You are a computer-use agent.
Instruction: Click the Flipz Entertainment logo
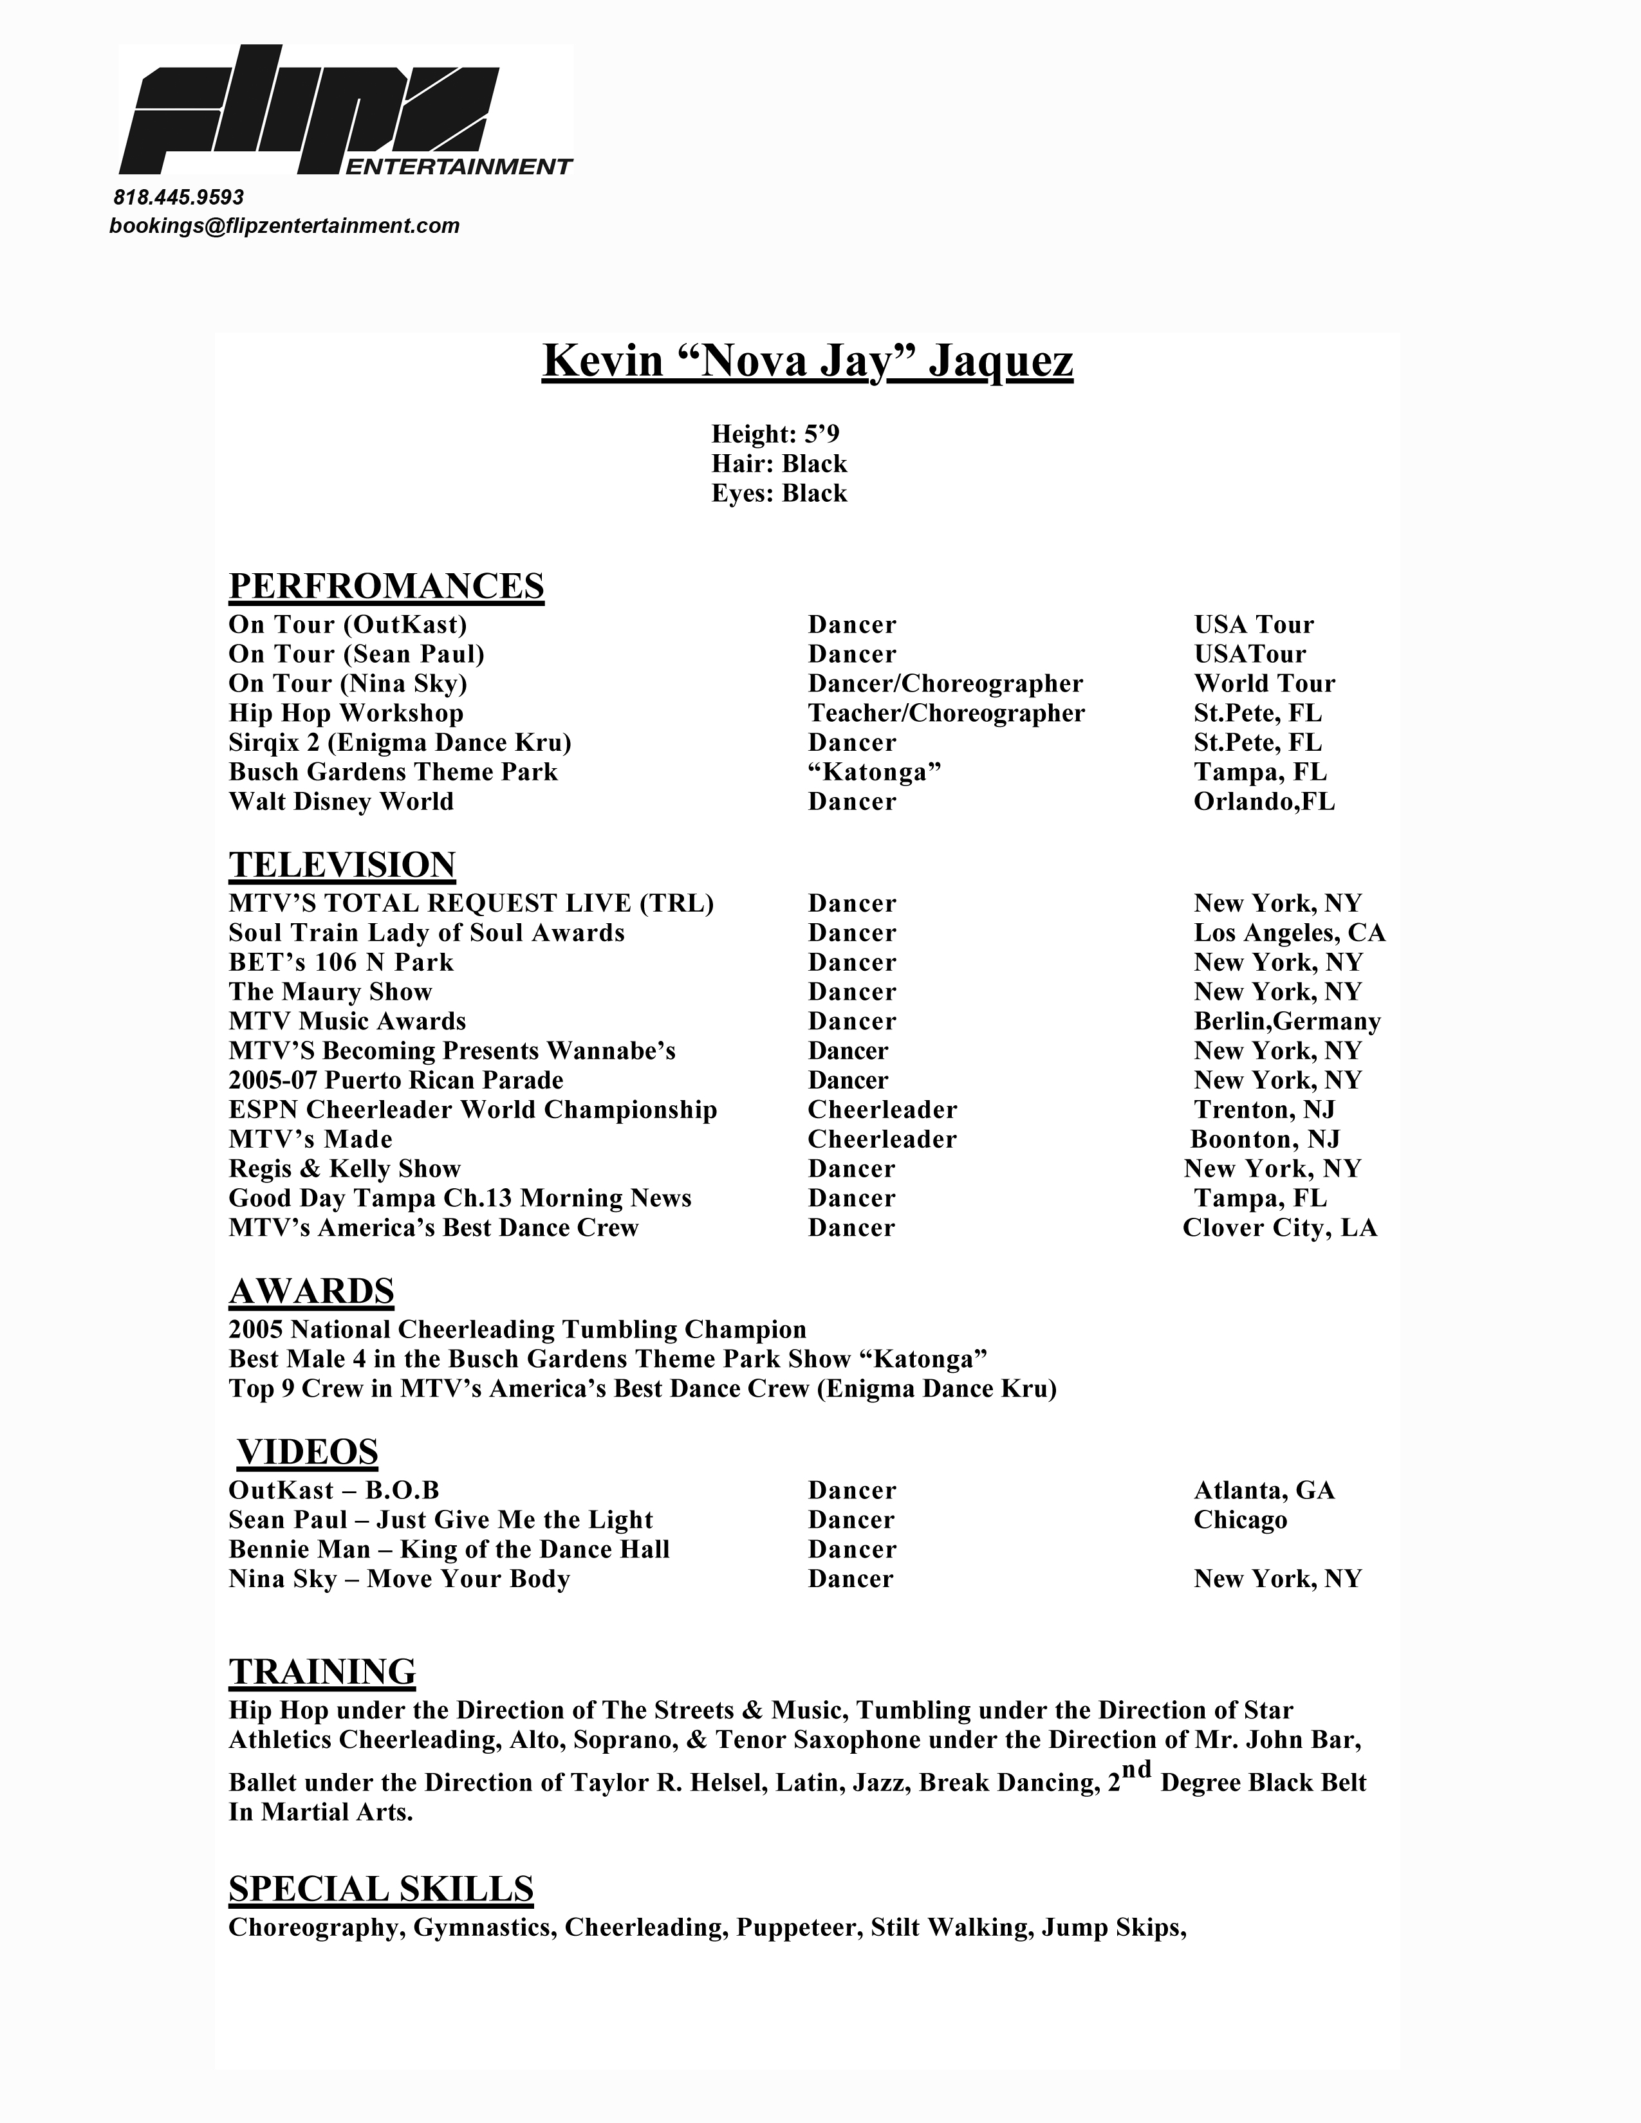click(x=345, y=112)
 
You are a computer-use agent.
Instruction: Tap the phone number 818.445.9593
click(x=179, y=198)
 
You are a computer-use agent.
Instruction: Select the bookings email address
click(x=284, y=226)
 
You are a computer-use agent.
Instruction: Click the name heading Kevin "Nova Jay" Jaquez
click(x=807, y=362)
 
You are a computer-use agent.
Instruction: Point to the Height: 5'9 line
click(x=775, y=434)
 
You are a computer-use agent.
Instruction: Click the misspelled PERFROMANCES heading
click(x=386, y=586)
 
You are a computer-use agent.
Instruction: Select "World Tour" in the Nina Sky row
click(x=1264, y=683)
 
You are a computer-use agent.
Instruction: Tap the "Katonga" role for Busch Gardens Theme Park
click(x=874, y=772)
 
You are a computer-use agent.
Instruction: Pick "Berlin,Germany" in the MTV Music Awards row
click(x=1287, y=1022)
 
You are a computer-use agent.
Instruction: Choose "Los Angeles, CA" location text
click(x=1289, y=933)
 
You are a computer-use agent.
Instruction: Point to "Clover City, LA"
click(x=1279, y=1227)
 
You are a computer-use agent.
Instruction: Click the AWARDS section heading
click(x=311, y=1291)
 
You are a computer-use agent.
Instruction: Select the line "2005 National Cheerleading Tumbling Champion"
click(x=517, y=1329)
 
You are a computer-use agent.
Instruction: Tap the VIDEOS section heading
click(x=307, y=1451)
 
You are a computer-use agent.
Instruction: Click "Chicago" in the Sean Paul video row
click(x=1239, y=1520)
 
